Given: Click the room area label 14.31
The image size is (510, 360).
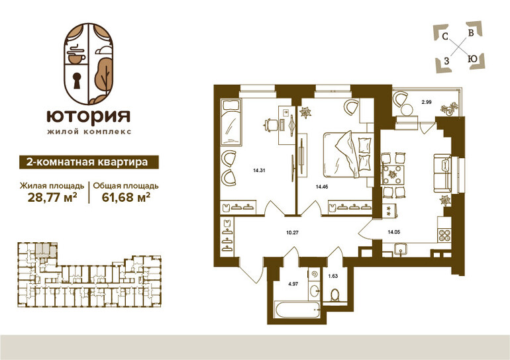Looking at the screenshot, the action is click(x=259, y=170).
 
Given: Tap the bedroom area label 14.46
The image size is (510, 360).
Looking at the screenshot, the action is click(x=323, y=187).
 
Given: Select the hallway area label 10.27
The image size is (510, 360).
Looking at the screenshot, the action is click(x=292, y=233).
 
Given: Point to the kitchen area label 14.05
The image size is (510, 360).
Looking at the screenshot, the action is click(x=393, y=232).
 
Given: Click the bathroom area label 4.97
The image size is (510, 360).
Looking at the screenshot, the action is click(x=293, y=284).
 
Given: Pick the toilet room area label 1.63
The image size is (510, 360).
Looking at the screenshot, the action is click(x=332, y=276).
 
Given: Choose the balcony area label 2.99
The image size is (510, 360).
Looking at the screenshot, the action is click(x=427, y=102).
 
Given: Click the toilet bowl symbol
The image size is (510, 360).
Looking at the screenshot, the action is click(x=334, y=295).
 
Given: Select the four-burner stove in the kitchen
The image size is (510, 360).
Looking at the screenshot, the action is click(x=444, y=235).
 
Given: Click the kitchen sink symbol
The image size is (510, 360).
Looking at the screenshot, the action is click(x=401, y=250).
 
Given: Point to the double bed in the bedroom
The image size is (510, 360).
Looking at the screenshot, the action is click(x=348, y=154).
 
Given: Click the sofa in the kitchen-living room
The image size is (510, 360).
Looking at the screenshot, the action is click(x=442, y=173).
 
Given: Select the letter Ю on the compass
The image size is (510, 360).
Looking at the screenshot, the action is click(x=472, y=59).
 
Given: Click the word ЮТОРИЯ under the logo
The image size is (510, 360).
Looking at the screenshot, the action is click(x=89, y=116).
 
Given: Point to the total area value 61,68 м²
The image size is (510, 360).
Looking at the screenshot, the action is click(x=126, y=197).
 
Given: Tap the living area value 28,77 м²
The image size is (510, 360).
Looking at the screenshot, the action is click(x=52, y=197).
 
